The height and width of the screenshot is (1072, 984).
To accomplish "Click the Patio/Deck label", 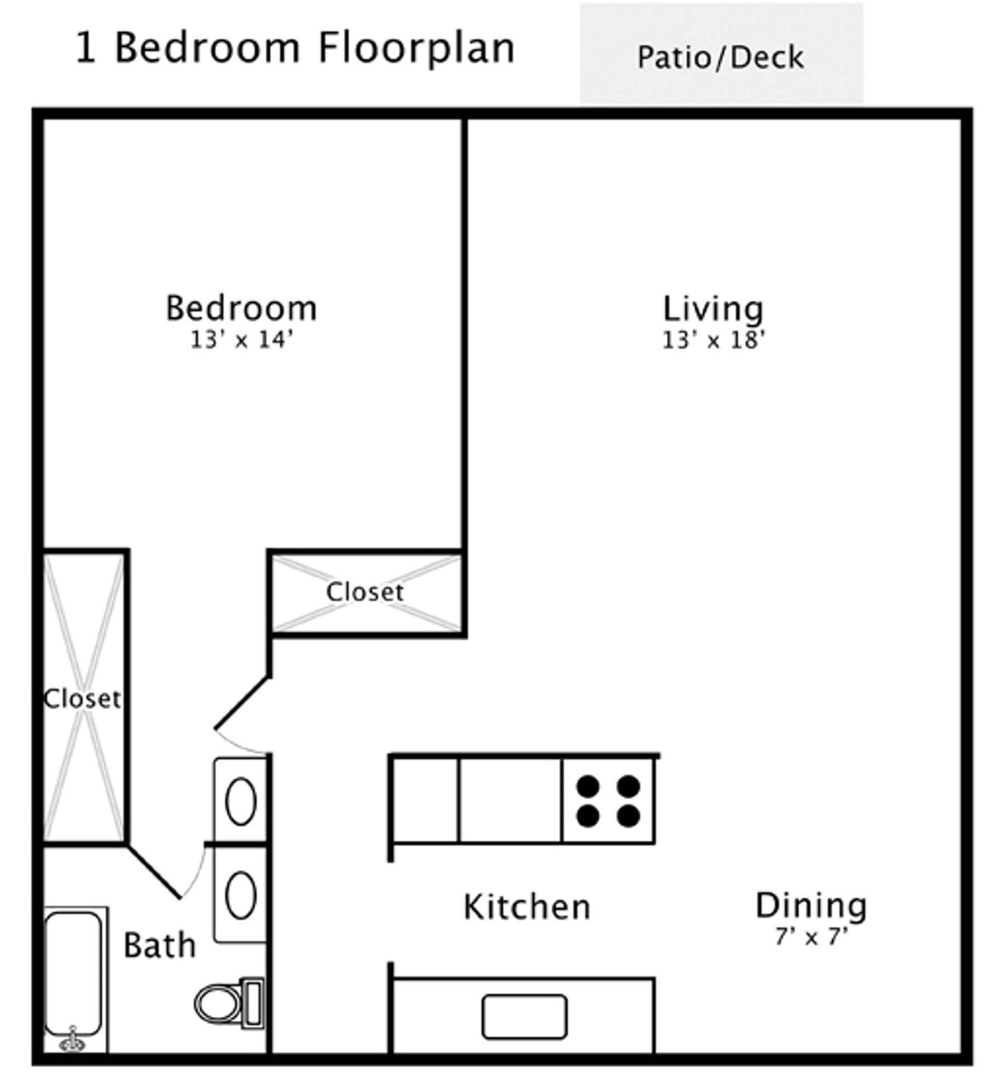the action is (720, 58).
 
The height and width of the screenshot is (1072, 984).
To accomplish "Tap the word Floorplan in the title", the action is (416, 48).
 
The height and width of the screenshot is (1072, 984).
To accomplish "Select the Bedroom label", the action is (241, 308).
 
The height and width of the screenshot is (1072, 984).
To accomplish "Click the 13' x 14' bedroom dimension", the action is (241, 339).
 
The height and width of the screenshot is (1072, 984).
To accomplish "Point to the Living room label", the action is (713, 309).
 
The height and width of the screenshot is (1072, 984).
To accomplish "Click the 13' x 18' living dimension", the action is (713, 339).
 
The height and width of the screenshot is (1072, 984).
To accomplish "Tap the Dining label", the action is (811, 906).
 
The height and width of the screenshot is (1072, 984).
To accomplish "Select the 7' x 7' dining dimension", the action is (811, 936).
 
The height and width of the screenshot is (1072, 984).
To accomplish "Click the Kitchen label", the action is (527, 907).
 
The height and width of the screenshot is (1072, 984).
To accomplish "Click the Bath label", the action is (160, 946).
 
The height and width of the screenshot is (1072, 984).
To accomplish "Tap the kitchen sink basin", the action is (524, 1017).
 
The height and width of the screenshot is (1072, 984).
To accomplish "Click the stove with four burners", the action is (608, 801).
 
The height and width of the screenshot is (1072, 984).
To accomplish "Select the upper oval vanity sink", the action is (241, 802).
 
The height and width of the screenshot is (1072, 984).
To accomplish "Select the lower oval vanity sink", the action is (241, 896).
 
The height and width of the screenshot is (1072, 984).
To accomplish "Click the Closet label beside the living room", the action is (365, 592).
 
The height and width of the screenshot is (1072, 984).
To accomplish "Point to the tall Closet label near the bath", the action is (82, 698).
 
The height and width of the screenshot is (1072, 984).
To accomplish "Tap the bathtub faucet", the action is (72, 1040).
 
